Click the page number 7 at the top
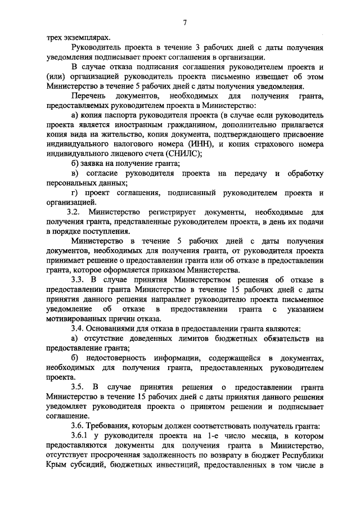point(184,22)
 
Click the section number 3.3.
point(78,280)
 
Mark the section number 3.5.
point(78,386)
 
